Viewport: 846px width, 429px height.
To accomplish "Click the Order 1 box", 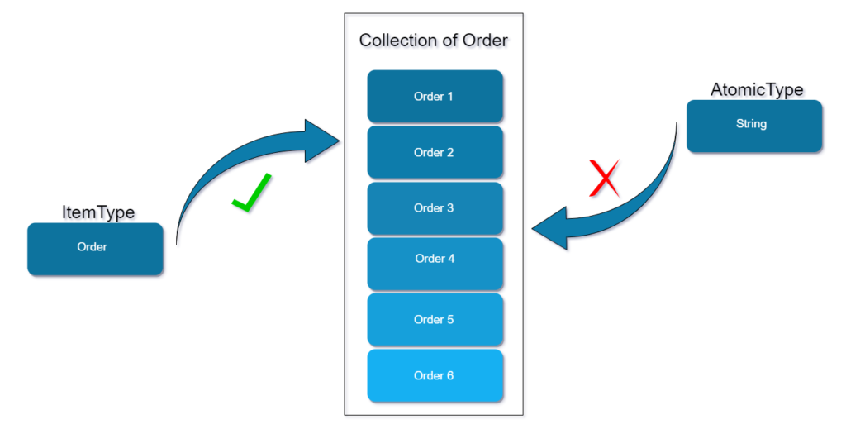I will click(x=435, y=97).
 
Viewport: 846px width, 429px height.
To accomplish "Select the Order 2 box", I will click(x=435, y=152).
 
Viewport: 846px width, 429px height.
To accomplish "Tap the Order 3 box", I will click(x=435, y=207).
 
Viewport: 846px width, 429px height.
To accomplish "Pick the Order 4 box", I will click(x=435, y=263).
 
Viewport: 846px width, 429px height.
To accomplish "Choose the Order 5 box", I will click(x=435, y=319).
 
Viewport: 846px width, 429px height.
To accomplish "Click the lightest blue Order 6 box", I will click(x=435, y=375).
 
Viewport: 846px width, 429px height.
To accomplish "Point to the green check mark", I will click(x=251, y=193).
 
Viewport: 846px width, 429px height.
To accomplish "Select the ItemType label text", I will click(x=98, y=212).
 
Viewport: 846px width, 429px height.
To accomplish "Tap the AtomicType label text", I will click(x=757, y=89).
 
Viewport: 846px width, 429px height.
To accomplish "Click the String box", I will click(x=753, y=126).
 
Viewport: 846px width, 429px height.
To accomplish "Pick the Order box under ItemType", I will click(x=94, y=248).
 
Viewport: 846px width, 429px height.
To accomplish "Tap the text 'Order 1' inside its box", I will click(x=433, y=97).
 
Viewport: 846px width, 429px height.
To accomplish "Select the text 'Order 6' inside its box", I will click(x=433, y=375).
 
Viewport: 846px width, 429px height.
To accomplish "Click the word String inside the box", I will click(x=751, y=124).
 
